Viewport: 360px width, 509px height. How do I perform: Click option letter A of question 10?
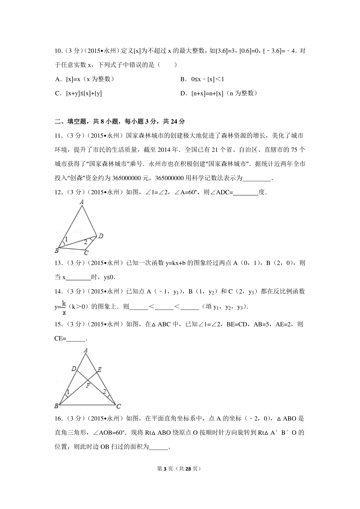click(58, 79)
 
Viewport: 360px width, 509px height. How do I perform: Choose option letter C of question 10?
click(58, 93)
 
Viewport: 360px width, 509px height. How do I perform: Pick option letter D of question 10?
click(183, 93)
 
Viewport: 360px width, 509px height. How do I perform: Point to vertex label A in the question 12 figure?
click(82, 202)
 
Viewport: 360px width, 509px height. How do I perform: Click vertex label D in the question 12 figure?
click(101, 236)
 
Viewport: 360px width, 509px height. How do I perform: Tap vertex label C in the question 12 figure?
click(86, 253)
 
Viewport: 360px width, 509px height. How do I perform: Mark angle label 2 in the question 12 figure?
click(85, 242)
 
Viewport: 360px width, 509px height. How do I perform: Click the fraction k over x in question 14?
click(64, 308)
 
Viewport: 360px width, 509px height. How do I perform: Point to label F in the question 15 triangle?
click(88, 385)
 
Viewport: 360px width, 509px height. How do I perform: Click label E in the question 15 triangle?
click(100, 370)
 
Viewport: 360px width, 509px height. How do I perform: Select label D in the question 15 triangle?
click(74, 369)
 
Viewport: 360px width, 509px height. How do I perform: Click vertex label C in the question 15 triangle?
click(118, 406)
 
